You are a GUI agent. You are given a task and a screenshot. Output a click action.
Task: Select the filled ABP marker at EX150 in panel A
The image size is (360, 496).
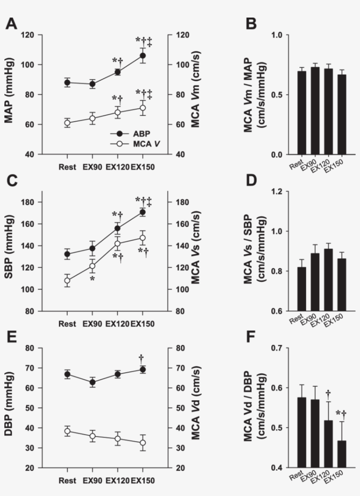tap(143, 56)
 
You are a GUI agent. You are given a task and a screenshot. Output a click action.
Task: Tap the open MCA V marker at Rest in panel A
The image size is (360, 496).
tap(67, 123)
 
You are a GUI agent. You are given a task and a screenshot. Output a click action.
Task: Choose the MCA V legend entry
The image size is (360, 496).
tap(135, 144)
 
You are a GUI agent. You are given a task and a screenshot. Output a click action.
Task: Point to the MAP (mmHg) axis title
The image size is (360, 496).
tap(9, 91)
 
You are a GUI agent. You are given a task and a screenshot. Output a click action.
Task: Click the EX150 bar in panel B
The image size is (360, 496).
tap(342, 115)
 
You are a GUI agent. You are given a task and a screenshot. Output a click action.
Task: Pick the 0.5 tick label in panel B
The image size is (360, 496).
tap(277, 94)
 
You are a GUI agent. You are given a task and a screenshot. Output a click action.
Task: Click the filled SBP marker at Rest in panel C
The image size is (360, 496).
tap(67, 253)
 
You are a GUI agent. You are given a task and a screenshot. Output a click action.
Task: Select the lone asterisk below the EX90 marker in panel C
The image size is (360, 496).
tap(92, 279)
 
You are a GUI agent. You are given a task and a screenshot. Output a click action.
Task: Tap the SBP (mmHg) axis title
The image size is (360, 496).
tap(9, 247)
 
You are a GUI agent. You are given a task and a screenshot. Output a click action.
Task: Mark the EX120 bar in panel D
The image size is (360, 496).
tap(328, 280)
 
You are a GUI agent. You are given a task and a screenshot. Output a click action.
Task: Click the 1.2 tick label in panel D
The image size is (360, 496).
tap(277, 192)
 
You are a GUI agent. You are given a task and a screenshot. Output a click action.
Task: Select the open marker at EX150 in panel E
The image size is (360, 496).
tap(143, 442)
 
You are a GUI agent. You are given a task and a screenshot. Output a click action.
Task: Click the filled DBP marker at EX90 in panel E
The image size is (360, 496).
tap(92, 382)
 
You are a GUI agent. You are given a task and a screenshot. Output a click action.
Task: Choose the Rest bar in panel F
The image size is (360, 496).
tap(302, 432)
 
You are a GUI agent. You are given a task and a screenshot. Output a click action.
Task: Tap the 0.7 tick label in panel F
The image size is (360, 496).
tap(277, 348)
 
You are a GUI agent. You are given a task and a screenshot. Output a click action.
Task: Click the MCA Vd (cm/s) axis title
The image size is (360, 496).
tap(196, 403)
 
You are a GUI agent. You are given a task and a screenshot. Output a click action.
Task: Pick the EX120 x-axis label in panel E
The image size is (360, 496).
tap(118, 481)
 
